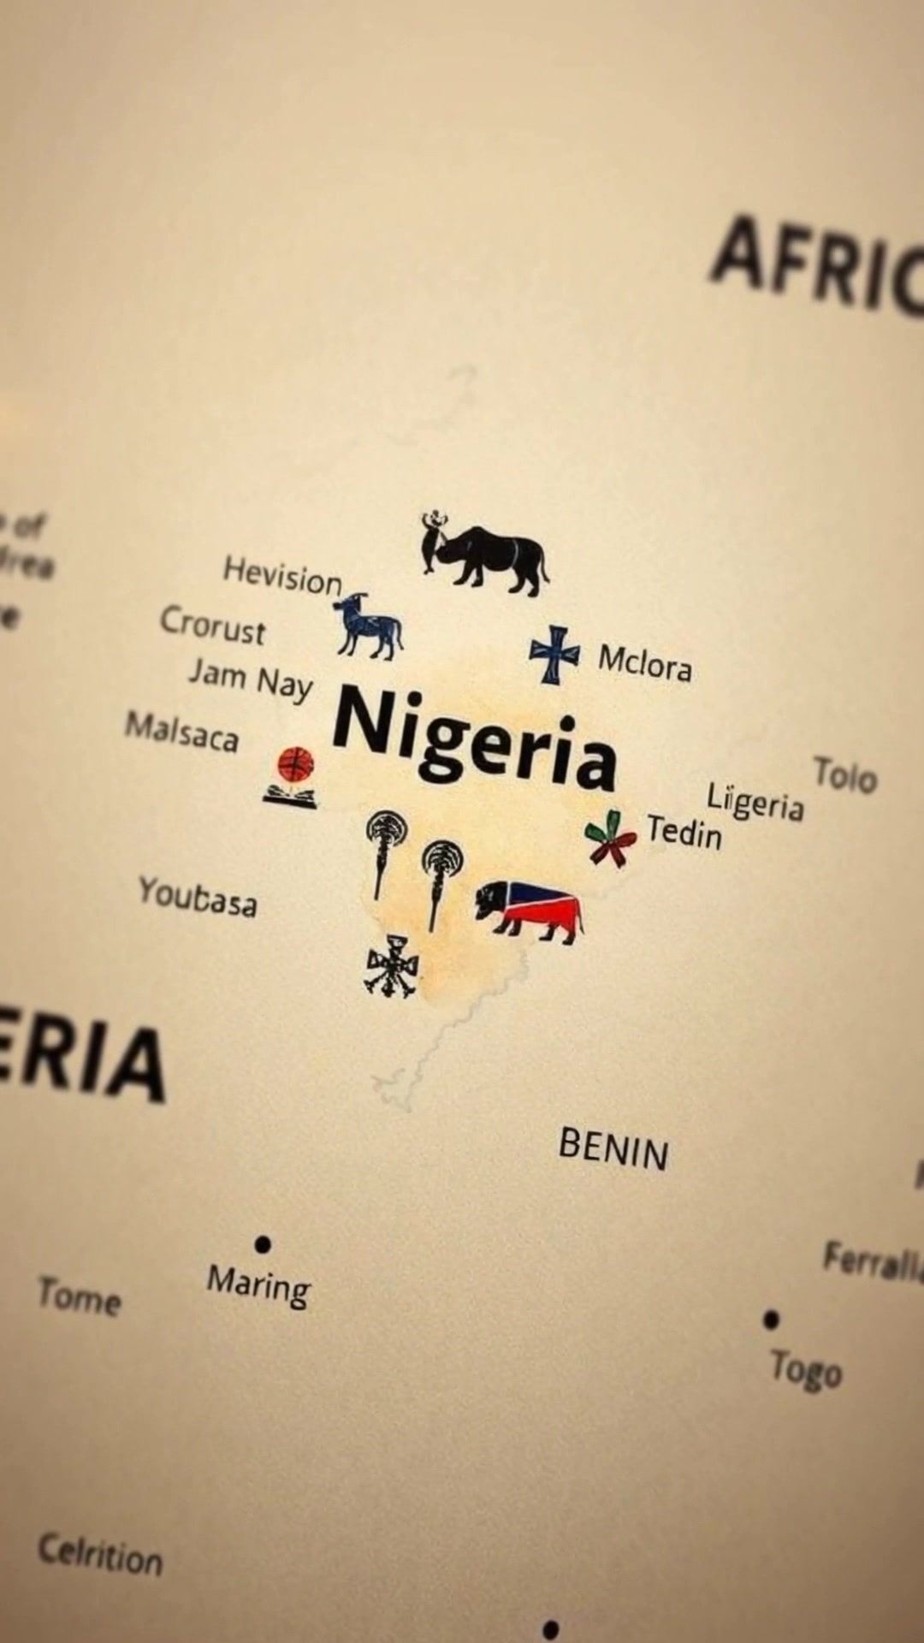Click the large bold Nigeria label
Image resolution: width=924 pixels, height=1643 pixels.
(475, 740)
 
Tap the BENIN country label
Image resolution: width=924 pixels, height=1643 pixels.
(613, 1148)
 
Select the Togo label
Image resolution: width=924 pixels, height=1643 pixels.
(806, 1369)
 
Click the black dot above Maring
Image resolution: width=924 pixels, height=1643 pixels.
(263, 1243)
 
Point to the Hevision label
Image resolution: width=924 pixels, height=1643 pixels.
(282, 575)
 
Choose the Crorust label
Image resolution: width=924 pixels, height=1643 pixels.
(213, 626)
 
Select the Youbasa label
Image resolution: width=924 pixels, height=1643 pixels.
(198, 895)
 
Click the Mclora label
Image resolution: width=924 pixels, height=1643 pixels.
(644, 661)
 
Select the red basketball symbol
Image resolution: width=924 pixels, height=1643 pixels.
(296, 763)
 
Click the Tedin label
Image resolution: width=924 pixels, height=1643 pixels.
(684, 831)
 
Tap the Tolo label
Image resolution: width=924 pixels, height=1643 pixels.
(845, 775)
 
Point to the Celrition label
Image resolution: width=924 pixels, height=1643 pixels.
(100, 1554)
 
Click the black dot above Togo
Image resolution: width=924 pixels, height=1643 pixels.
(771, 1320)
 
